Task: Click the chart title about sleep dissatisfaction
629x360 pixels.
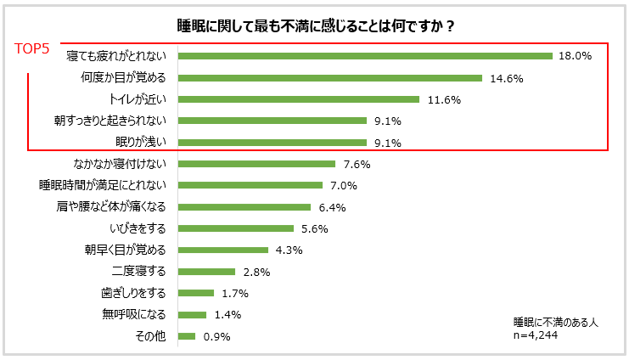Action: (x=314, y=26)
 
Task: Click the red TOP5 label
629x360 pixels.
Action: (x=37, y=49)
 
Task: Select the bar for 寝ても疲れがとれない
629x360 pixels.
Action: (x=366, y=56)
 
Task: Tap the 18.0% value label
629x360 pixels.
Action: (x=575, y=56)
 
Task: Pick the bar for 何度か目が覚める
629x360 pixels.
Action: (x=330, y=78)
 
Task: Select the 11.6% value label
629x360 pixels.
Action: (x=443, y=99)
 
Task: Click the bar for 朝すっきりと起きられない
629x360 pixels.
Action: (x=272, y=121)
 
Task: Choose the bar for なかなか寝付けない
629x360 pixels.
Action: (x=257, y=164)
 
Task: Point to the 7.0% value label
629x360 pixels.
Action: (x=344, y=185)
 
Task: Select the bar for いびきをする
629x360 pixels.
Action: (x=236, y=228)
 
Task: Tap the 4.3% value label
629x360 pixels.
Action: (x=289, y=250)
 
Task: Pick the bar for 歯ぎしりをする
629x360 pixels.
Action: (x=196, y=293)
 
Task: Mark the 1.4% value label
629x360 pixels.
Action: (x=227, y=314)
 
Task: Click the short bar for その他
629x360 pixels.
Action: (x=187, y=336)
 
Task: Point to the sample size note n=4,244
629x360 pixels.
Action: (x=536, y=335)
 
